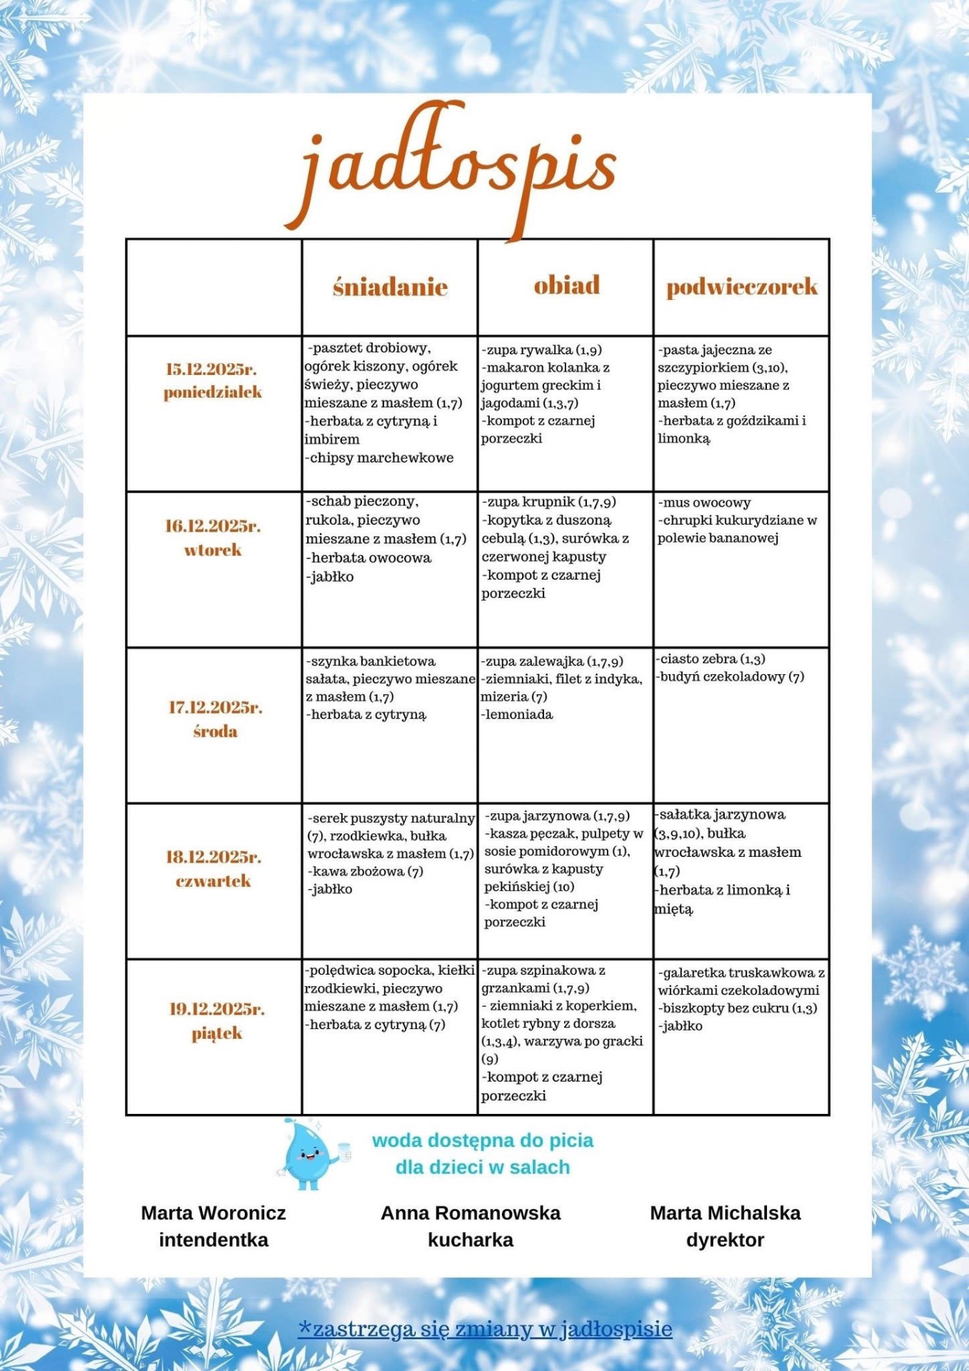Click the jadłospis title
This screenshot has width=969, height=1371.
[457, 168]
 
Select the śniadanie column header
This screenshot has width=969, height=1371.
[390, 287]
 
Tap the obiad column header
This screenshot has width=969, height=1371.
[566, 286]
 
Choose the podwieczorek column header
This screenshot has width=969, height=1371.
[742, 287]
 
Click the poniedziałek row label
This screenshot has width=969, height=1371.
[213, 392]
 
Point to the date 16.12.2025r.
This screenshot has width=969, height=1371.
[213, 526]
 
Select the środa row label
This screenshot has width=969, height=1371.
[215, 731]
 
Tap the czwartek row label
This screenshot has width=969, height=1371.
[213, 880]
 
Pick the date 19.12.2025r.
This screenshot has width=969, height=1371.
[216, 1009]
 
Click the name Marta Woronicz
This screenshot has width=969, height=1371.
[214, 1213]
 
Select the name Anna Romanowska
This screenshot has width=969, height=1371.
[471, 1213]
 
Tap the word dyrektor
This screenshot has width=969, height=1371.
[725, 1240]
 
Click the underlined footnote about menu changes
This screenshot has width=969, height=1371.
[485, 1329]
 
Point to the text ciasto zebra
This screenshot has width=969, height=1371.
[700, 659]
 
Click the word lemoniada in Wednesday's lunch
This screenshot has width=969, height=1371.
[518, 714]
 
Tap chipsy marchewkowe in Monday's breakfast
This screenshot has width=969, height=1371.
[381, 458]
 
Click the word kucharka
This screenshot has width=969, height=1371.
[471, 1240]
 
